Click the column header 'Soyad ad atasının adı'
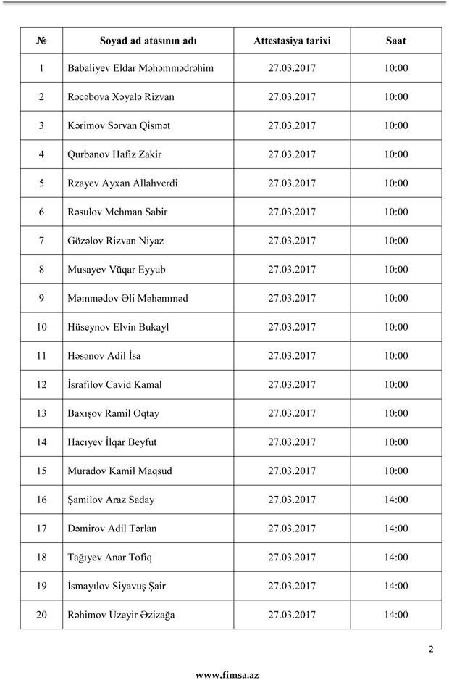point(148,41)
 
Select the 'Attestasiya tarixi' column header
point(292,41)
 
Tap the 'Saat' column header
point(395,41)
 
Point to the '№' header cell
point(41,41)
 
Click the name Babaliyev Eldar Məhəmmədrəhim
point(140,68)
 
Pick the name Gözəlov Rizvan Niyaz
point(116,241)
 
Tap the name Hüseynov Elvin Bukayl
point(117,327)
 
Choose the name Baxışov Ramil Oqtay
point(113,413)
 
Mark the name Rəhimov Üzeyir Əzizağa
point(120,615)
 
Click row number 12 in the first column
point(41,384)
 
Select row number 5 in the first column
point(41,183)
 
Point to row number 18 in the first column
point(41,558)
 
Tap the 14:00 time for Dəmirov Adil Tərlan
point(396,529)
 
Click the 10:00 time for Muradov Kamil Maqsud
point(396,471)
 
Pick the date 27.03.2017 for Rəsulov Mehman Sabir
point(292,212)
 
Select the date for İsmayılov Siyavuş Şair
point(292,586)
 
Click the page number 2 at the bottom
point(431,649)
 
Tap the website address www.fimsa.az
point(227,675)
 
